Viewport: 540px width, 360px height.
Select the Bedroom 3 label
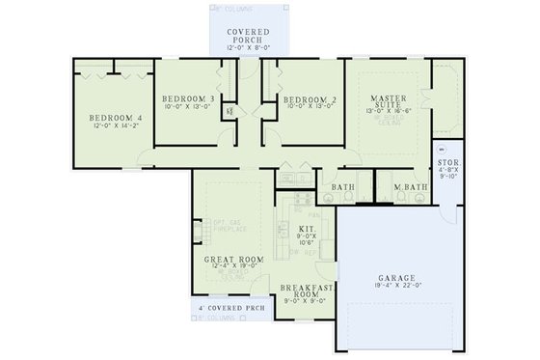point(187,98)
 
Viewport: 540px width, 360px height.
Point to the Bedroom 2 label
point(309,98)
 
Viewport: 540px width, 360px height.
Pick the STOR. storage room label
point(448,165)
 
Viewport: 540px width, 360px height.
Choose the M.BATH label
point(412,187)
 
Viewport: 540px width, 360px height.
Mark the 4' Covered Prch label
point(229,308)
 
